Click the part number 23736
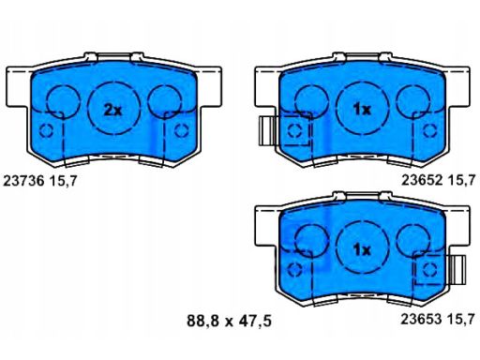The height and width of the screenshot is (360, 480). coord(23,181)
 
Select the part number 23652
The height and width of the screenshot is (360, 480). coord(422,180)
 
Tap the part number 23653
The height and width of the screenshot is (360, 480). coord(422,319)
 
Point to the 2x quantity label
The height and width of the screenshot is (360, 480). coord(112,110)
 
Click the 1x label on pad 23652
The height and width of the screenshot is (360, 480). coord(362,110)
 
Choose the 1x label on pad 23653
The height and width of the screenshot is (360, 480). coord(362,249)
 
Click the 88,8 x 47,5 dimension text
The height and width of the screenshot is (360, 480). coord(229,321)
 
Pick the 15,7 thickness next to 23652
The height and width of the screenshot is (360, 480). coord(461,180)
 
